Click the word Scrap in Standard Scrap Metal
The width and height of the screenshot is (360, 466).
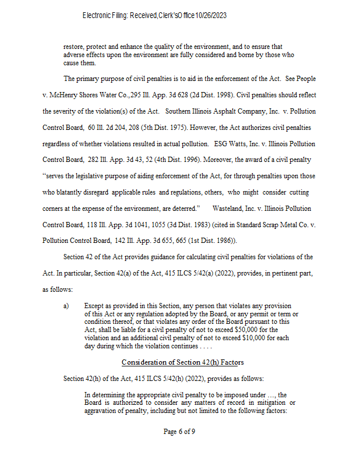pos(257,224)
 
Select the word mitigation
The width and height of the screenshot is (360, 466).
pos(274,403)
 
